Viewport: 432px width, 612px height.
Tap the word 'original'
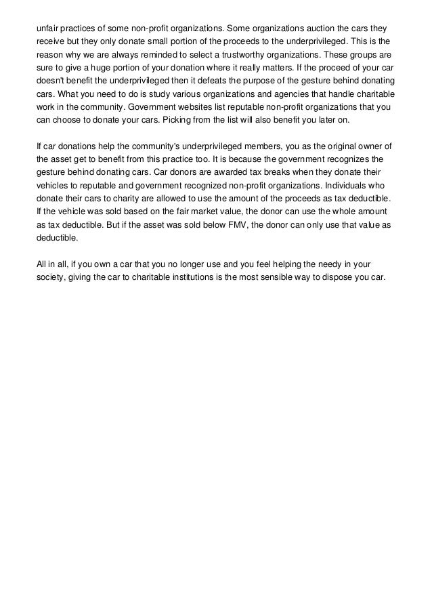323,146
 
